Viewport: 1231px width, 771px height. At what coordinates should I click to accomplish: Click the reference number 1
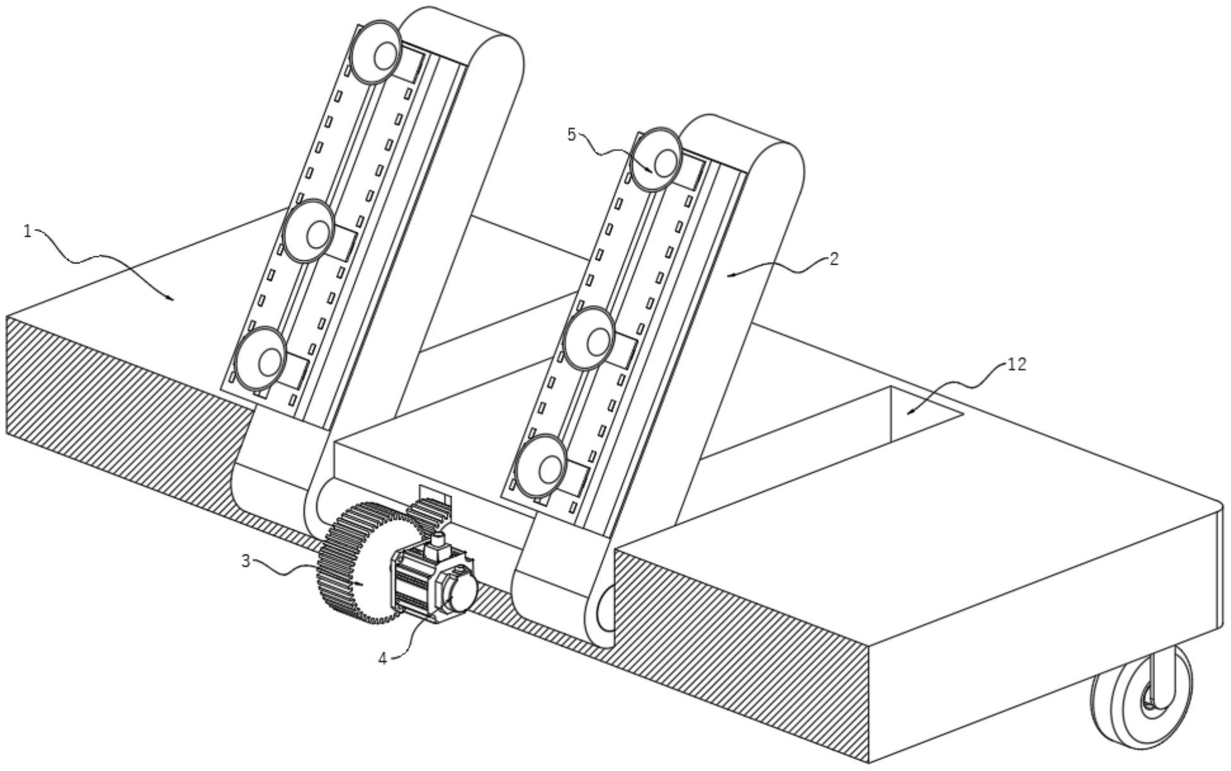point(27,232)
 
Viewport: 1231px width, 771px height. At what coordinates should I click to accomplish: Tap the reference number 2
point(834,258)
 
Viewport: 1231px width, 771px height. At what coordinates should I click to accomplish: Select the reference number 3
point(246,560)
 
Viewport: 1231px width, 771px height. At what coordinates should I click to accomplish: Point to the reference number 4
point(383,658)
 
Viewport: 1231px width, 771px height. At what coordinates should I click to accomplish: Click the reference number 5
point(572,135)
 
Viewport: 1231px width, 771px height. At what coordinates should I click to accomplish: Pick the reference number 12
point(1016,365)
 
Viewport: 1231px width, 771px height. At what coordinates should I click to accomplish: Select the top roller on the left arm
point(375,53)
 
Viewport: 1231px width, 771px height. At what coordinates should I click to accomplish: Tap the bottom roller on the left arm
point(261,359)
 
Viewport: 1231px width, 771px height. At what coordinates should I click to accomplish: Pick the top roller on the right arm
point(656,159)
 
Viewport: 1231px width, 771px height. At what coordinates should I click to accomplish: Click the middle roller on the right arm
point(589,338)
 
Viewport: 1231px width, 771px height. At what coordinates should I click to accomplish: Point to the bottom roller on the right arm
point(542,467)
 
